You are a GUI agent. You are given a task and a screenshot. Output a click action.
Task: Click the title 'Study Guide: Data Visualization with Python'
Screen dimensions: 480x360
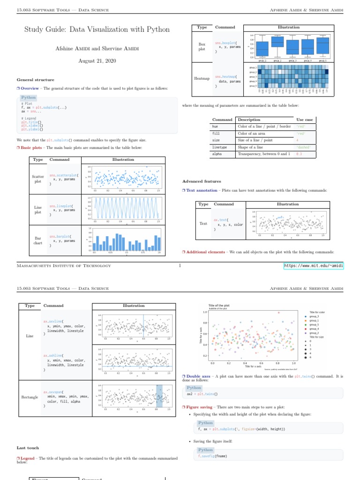(97, 30)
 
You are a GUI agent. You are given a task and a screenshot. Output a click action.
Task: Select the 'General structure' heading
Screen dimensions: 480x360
(35, 80)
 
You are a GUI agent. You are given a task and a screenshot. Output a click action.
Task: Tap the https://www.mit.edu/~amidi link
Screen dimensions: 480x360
(314, 266)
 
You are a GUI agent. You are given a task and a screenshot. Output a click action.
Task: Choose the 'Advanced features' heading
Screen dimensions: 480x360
(202, 181)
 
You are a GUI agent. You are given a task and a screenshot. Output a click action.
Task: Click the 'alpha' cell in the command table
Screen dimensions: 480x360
(217, 154)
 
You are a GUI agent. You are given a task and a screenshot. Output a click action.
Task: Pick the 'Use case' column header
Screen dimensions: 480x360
(305, 120)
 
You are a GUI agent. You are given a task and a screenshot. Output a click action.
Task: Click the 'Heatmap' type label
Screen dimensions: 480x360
(202, 79)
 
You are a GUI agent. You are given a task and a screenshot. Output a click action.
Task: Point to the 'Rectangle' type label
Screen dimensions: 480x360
(30, 397)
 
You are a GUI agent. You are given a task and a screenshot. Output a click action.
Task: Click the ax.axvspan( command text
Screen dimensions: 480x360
(53, 392)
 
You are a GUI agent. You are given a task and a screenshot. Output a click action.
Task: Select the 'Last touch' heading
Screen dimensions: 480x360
(28, 448)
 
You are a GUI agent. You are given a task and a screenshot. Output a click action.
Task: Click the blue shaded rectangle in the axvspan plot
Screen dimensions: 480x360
(159, 396)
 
